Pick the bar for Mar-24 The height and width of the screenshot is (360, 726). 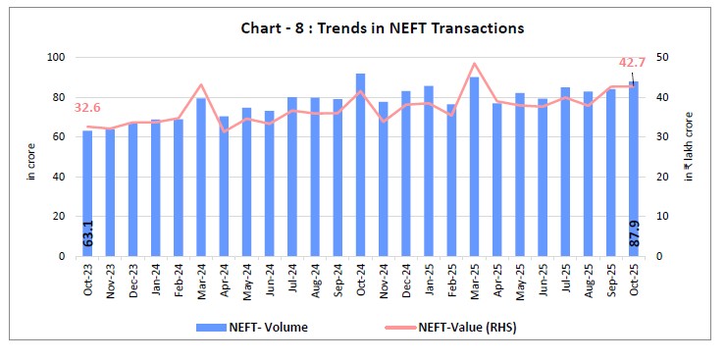click(x=200, y=177)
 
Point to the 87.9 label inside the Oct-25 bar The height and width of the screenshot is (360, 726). click(x=633, y=236)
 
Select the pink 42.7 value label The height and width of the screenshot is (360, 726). click(x=634, y=65)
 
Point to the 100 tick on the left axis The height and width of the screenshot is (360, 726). click(x=56, y=58)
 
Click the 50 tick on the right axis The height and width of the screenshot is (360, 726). click(x=664, y=58)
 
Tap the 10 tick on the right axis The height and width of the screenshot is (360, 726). click(x=664, y=217)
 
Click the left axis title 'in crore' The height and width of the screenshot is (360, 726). click(x=29, y=157)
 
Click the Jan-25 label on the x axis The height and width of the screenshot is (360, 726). click(x=429, y=283)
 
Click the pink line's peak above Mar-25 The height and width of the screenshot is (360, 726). click(x=474, y=64)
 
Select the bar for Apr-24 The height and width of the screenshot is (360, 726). click(x=224, y=186)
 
